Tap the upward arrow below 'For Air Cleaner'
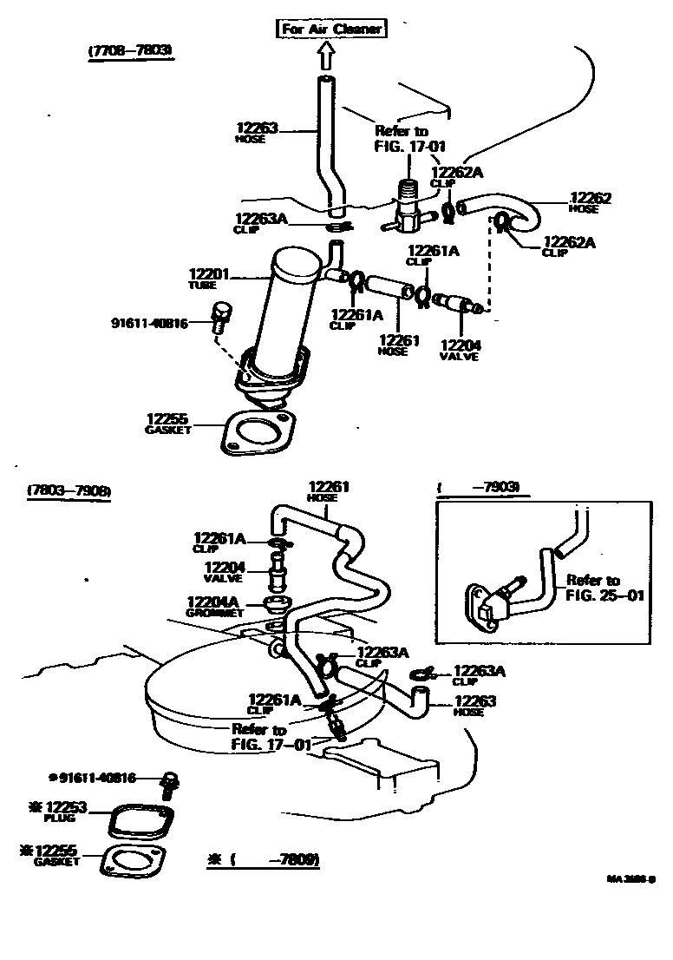point(326,56)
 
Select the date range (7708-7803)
point(130,52)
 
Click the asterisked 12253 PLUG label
point(66,811)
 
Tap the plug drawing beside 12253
point(142,821)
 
